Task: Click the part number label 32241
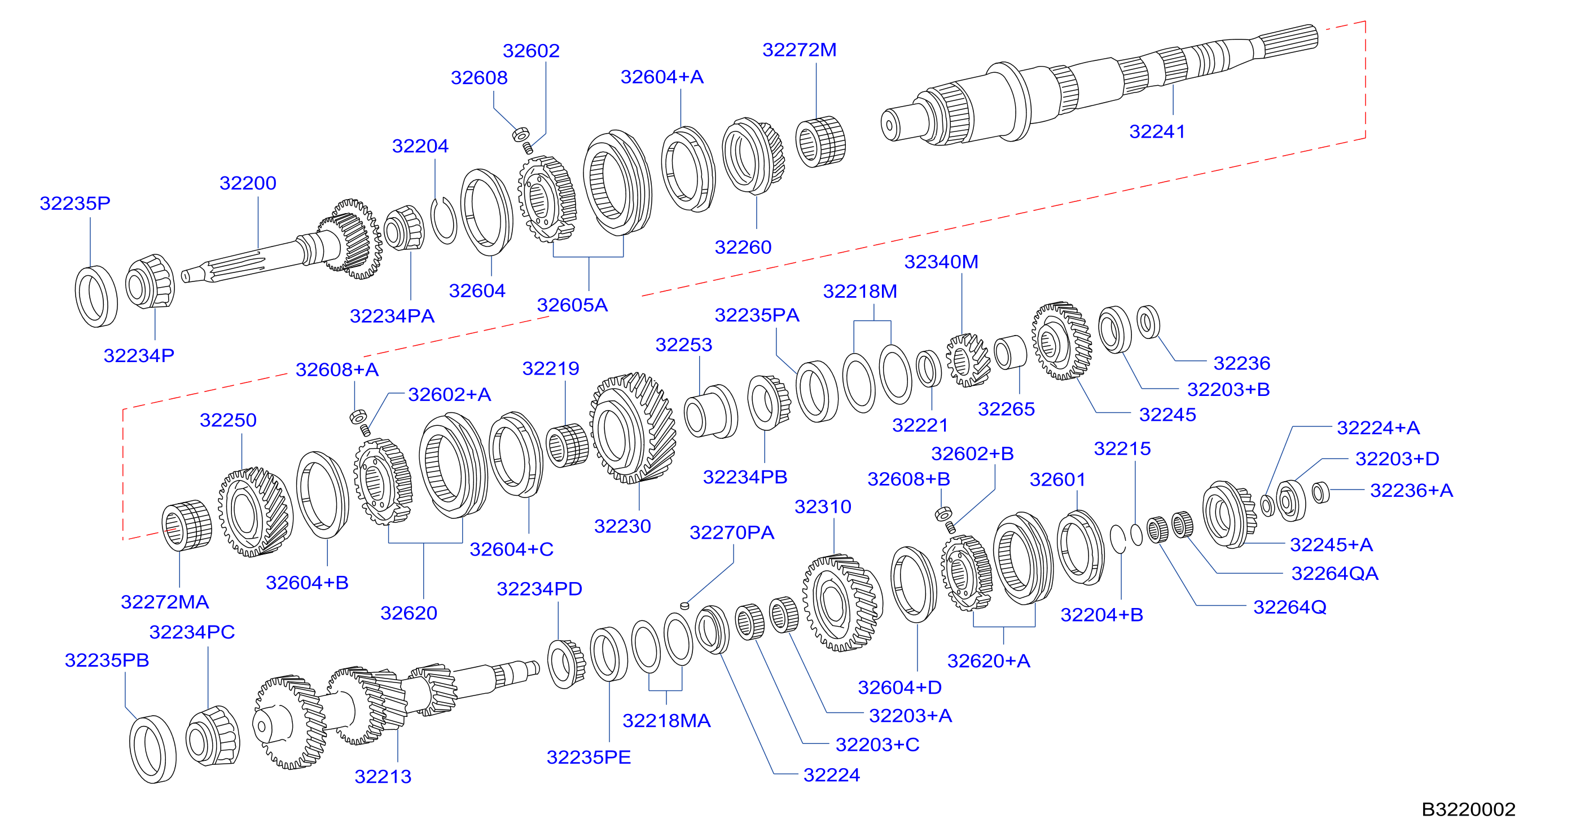(1157, 131)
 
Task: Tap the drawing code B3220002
(1468, 809)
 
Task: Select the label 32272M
(799, 50)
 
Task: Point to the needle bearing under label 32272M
(820, 141)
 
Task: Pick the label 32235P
(74, 203)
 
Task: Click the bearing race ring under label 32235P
(96, 297)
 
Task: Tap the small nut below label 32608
(521, 134)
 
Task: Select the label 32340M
(941, 262)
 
